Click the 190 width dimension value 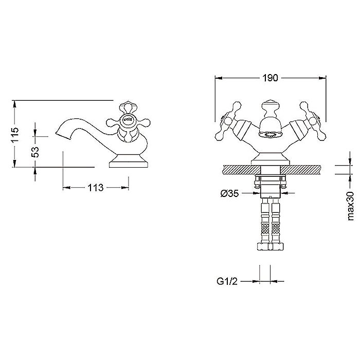coord(270,78)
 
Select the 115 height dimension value coord(15,135)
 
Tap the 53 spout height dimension coord(35,152)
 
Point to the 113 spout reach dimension coord(96,188)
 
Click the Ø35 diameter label coord(229,193)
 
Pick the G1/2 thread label coord(227,281)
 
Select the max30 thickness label coord(351,206)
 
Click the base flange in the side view coord(129,161)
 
